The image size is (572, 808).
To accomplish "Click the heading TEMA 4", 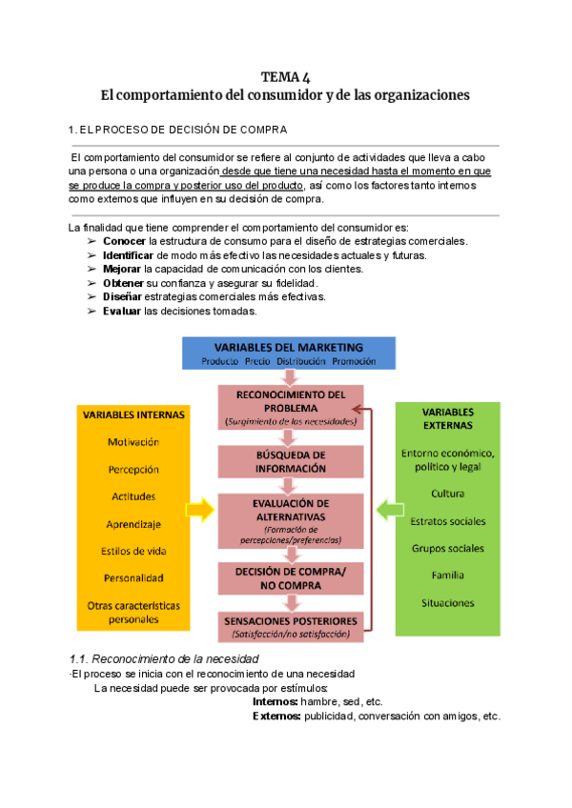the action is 285,77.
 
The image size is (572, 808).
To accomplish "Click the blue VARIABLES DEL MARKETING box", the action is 288,353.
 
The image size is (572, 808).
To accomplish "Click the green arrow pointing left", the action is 385,511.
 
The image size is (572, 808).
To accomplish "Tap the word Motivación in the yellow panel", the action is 133,442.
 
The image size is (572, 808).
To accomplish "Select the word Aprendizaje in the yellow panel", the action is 133,524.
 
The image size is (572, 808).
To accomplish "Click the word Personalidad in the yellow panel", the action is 133,577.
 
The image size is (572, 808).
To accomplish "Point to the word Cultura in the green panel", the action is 448,494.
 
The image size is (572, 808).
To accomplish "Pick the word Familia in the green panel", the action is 448,576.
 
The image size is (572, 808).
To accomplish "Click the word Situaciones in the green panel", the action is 448,603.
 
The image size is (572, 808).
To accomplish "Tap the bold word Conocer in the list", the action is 123,242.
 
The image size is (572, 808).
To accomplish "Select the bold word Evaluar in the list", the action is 122,312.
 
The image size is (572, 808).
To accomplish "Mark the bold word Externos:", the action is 276,717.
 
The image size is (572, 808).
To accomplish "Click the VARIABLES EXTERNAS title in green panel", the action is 448,417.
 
